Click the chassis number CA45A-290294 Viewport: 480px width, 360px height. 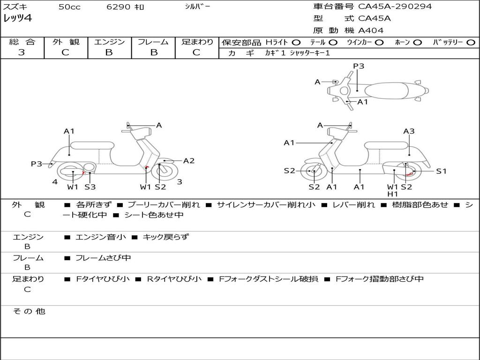(x=395, y=6)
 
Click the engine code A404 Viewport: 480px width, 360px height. (x=371, y=30)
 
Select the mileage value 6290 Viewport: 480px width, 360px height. (x=118, y=7)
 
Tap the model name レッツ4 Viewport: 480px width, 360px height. (x=17, y=18)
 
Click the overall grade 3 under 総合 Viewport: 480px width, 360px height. (x=22, y=52)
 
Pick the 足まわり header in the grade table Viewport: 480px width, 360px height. (x=197, y=42)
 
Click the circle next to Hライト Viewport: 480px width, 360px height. (x=296, y=43)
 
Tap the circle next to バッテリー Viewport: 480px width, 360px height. (x=471, y=43)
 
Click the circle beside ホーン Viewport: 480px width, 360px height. (x=417, y=43)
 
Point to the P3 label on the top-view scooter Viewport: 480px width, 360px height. (x=359, y=66)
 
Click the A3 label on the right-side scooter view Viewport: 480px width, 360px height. (x=409, y=131)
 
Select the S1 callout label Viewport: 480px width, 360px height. (x=441, y=171)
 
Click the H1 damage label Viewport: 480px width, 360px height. (x=392, y=194)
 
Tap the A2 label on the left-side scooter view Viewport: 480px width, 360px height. (x=188, y=161)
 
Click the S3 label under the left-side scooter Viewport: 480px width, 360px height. (x=90, y=187)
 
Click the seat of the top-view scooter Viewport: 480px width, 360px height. (x=386, y=91)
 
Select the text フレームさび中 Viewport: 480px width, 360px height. (x=103, y=258)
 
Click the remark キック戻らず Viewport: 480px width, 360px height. (x=166, y=237)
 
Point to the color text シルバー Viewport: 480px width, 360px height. (x=197, y=7)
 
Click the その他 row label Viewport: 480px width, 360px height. (x=29, y=311)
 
